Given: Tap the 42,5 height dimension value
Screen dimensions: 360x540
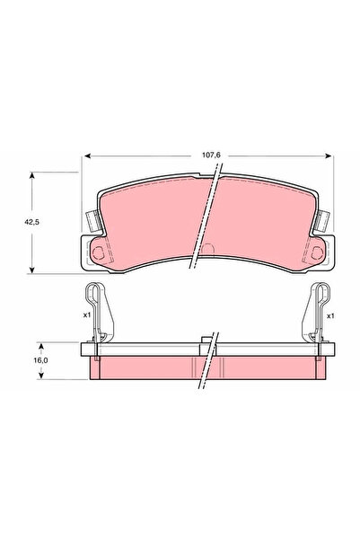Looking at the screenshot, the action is (x=31, y=222).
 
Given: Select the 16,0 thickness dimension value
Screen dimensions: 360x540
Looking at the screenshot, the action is (x=40, y=360).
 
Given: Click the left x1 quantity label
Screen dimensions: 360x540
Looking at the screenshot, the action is (x=87, y=315).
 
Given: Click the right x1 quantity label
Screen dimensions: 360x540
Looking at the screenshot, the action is (x=330, y=315).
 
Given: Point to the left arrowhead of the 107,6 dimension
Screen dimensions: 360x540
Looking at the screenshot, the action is (x=87, y=156).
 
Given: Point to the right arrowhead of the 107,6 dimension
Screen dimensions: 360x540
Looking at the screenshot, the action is (x=329, y=156).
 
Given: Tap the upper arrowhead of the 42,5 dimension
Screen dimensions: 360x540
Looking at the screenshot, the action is (x=32, y=175).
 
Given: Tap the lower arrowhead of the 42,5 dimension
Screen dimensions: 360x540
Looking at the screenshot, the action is (x=32, y=270).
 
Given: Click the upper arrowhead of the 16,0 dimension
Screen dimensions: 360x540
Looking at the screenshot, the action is (x=41, y=346).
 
